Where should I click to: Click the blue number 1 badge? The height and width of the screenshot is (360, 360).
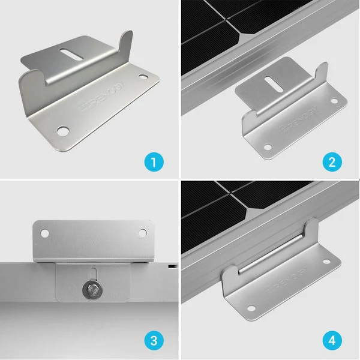coord(154,161)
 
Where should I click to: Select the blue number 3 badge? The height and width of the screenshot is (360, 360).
coord(154,341)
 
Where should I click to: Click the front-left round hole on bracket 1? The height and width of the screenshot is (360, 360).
coord(62,129)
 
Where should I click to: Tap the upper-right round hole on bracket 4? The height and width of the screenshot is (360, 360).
coord(326,262)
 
